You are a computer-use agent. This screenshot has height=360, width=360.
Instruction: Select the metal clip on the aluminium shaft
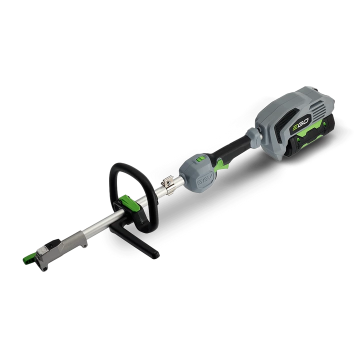pyautogui.click(x=169, y=186)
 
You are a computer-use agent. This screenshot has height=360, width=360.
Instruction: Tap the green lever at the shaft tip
pyautogui.click(x=29, y=259)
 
